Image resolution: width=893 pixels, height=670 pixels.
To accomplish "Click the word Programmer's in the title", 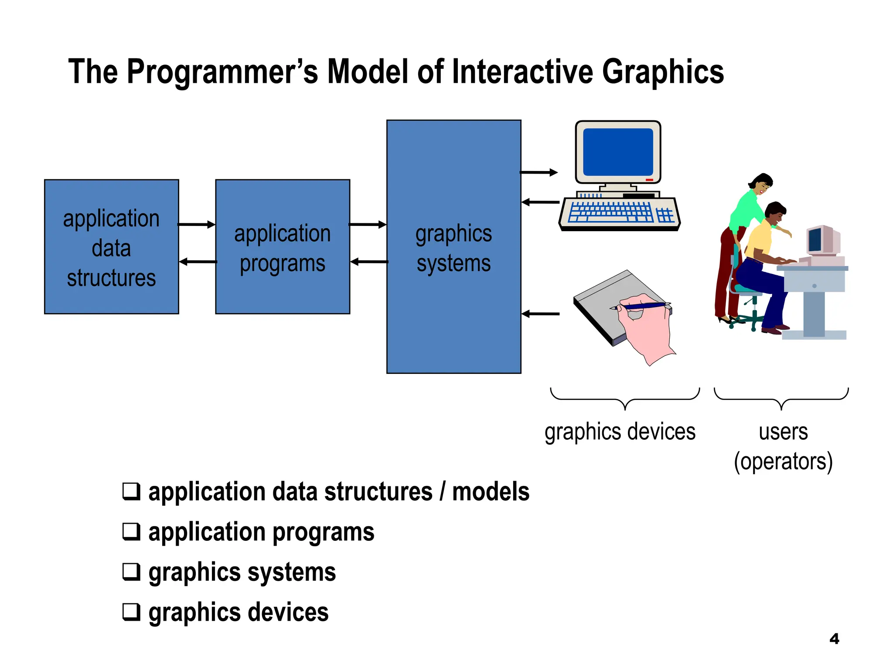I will pos(222,72).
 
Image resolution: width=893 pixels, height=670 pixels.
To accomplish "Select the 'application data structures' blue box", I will pos(112,247).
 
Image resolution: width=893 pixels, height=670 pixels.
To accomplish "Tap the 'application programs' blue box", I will pos(283,247).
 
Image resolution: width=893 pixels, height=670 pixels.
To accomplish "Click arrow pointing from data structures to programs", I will pos(197,225).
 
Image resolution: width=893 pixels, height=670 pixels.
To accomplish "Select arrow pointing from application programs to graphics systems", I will pos(368,225).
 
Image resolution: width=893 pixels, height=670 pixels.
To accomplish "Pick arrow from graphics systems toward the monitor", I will pos(539,172).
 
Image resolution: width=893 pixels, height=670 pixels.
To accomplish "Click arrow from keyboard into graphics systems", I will pos(541,202).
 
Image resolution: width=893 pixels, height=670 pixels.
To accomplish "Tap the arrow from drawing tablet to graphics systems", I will pos(541,314).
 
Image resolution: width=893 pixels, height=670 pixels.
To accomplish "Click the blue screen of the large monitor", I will pos(618,152).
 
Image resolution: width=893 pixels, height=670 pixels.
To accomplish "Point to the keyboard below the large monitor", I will pos(619,214).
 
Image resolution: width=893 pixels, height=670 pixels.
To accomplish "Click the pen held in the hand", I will pos(641,306).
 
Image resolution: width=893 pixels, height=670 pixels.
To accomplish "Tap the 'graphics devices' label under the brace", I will pos(620,432).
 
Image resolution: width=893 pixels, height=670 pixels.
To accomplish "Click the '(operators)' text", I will pos(783,461).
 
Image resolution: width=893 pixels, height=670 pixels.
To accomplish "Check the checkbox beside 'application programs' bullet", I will pos(131,531).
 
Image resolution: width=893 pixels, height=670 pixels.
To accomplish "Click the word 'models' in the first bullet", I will pos(491,492).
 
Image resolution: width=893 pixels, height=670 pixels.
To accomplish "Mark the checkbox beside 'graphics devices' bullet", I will pos(131,612).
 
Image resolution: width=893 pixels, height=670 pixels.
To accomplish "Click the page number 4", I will pos(834,639).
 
